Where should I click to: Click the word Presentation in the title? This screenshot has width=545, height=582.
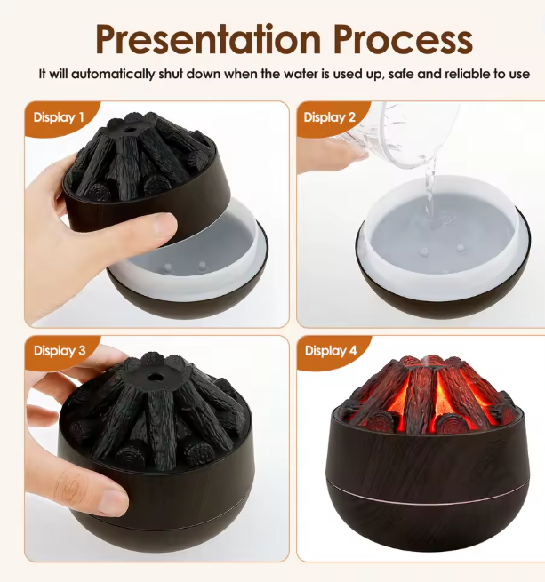point(208,39)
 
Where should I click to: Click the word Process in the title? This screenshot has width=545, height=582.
point(403,39)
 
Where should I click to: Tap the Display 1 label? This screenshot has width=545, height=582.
point(59,117)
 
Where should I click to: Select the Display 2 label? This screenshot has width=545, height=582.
point(330,117)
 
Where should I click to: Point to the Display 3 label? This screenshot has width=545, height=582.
point(60,350)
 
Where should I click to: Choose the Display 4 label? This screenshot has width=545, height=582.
point(331,350)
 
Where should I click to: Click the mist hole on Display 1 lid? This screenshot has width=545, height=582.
point(130,131)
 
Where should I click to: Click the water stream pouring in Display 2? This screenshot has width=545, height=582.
point(430,189)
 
